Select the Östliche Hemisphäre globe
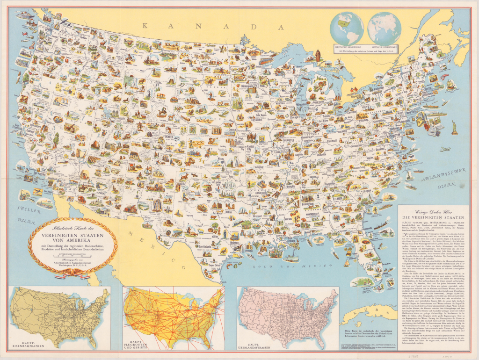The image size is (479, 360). pyautogui.click(x=383, y=28)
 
